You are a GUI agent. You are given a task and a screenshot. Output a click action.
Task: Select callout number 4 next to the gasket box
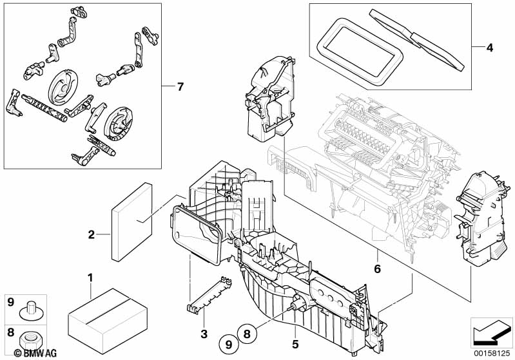pyautogui.click(x=489, y=48)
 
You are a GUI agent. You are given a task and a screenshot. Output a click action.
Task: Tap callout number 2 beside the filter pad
pyautogui.click(x=92, y=234)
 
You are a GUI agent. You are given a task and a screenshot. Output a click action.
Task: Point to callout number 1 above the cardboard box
pyautogui.click(x=90, y=278)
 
